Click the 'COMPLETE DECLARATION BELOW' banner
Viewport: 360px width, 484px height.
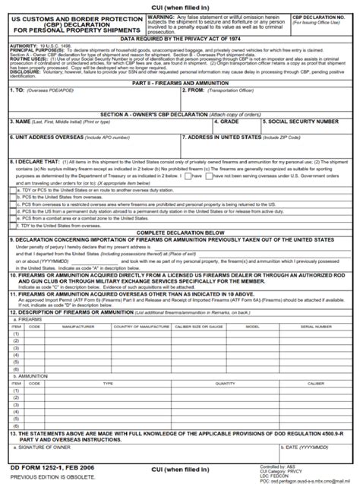point(179,233)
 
